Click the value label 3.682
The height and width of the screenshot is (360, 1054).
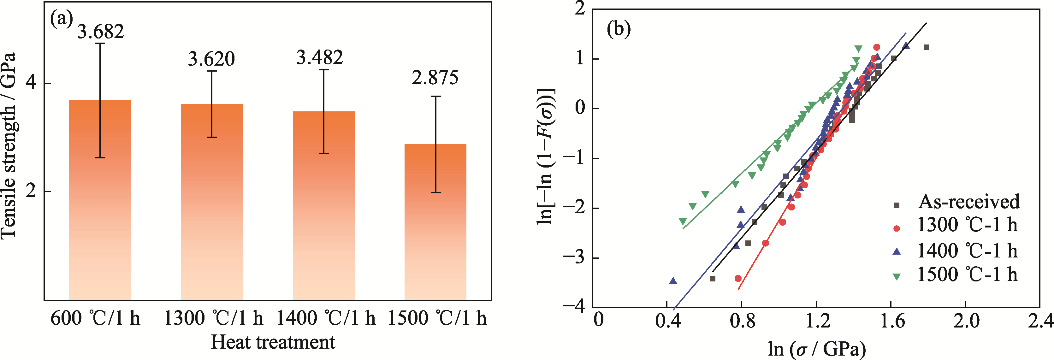100,32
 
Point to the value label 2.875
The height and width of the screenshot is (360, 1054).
435,78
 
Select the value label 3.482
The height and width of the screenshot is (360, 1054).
320,57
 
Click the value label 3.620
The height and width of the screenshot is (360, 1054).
211,59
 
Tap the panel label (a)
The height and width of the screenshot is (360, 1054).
61,18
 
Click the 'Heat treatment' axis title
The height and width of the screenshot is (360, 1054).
273,342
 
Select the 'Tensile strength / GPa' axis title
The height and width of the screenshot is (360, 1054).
9,145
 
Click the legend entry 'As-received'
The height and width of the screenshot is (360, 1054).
968,202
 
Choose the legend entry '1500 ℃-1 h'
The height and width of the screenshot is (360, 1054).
967,274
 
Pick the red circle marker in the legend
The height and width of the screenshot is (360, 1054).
897,228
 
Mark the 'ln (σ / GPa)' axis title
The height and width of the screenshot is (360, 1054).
817,349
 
